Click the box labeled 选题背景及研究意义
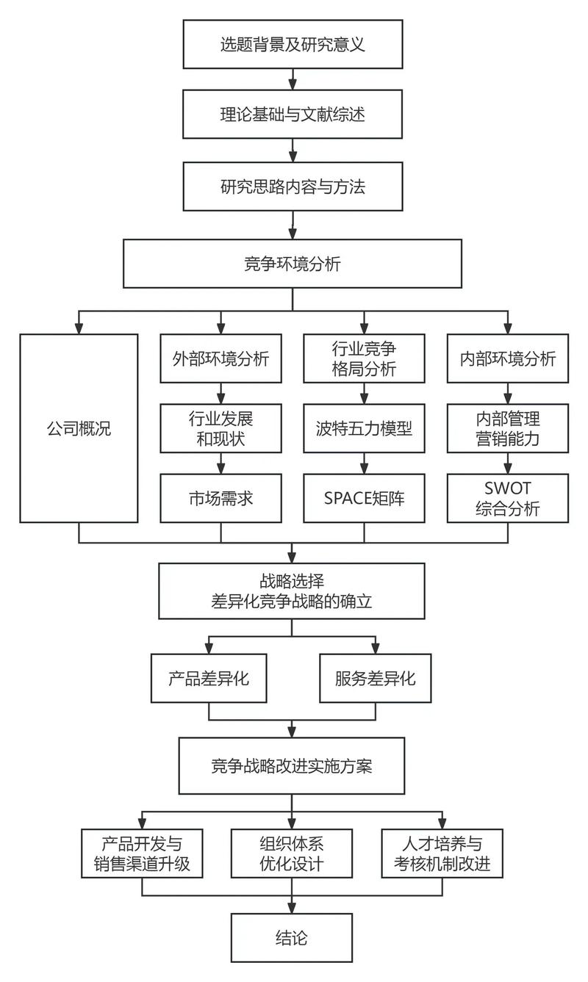click(x=293, y=44)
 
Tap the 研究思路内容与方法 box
click(x=293, y=187)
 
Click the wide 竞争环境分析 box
click(x=293, y=263)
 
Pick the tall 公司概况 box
click(x=79, y=428)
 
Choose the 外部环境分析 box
click(x=221, y=358)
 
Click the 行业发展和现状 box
click(x=221, y=428)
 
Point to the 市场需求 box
click(x=221, y=498)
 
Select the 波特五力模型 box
click(x=364, y=428)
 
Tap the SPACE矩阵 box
click(x=364, y=498)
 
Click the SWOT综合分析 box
click(x=508, y=498)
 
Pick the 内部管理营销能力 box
click(x=508, y=428)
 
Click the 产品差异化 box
click(x=209, y=678)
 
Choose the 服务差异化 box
click(x=375, y=678)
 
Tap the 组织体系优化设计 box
click(x=293, y=853)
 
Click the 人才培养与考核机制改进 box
click(x=442, y=853)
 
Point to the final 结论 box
click(x=293, y=937)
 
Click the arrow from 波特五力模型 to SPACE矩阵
click(x=365, y=463)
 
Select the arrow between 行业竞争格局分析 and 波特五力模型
click(x=365, y=394)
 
